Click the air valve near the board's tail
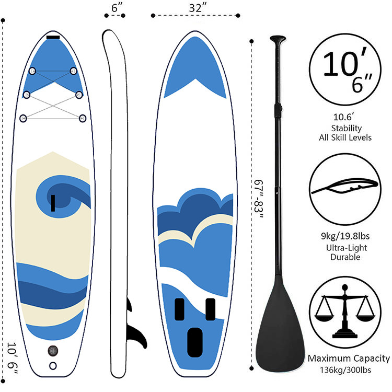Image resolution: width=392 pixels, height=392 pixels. (x=53, y=350)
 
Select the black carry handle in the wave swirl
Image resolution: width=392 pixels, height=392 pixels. (x=53, y=202)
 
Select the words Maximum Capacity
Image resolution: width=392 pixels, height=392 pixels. (x=349, y=359)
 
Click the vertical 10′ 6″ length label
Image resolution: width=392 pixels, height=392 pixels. (x=13, y=360)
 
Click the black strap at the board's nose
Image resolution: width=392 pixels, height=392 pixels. (x=53, y=37)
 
